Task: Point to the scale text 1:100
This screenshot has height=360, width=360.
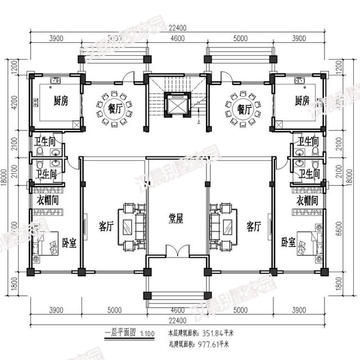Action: point(148,333)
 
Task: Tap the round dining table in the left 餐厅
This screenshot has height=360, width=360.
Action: point(114,107)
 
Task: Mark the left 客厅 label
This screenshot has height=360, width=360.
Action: point(106,227)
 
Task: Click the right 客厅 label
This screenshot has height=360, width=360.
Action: point(254,227)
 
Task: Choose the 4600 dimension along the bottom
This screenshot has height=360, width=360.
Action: point(177,309)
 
